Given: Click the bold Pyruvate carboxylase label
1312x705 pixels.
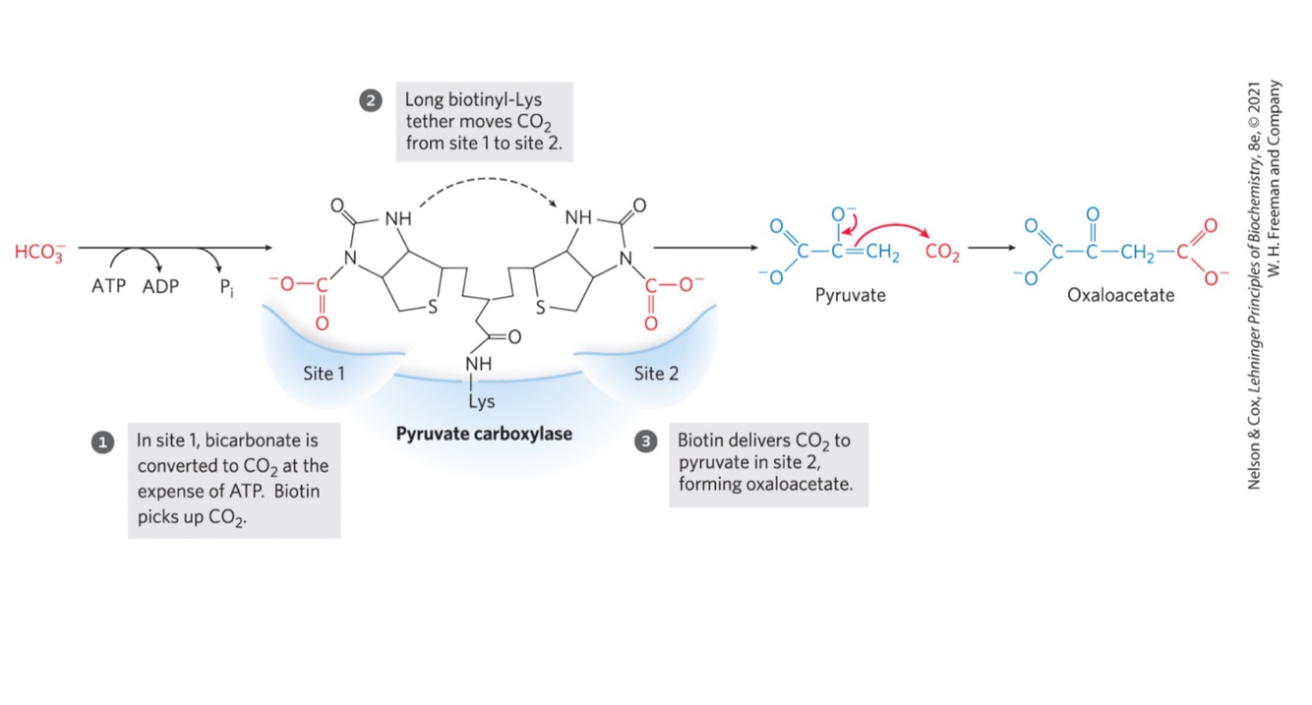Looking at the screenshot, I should [484, 434].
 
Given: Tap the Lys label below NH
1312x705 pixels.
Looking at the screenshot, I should [482, 401].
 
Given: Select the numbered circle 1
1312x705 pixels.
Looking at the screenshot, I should [100, 442].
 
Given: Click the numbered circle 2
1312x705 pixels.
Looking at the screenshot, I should [371, 100].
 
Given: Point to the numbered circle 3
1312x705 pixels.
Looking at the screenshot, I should [646, 442].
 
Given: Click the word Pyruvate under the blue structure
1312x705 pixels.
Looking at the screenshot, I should [851, 295].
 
